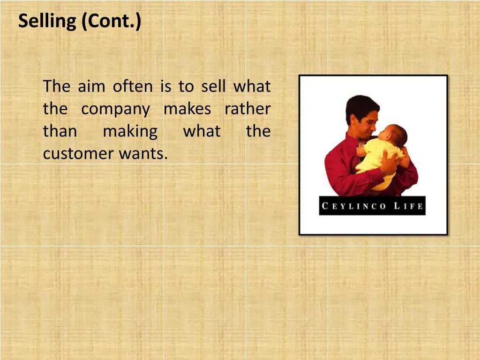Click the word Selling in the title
pyautogui.click(x=47, y=22)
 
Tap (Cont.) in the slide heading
pyautogui.click(x=111, y=22)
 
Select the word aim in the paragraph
pyautogui.click(x=91, y=87)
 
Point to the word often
pyautogui.click(x=133, y=87)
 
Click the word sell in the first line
pyautogui.click(x=214, y=87)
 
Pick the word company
pyautogui.click(x=115, y=110)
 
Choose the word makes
pyautogui.click(x=187, y=109)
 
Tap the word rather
pyautogui.click(x=247, y=109)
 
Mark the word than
pyautogui.click(x=60, y=132)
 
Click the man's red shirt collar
pyautogui.click(x=352, y=141)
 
